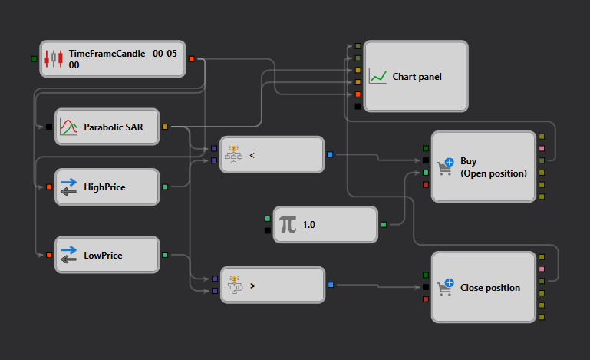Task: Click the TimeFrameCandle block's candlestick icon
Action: click(x=54, y=59)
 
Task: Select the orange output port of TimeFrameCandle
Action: click(x=192, y=59)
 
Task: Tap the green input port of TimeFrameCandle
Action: click(x=34, y=59)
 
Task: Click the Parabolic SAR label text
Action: click(x=114, y=127)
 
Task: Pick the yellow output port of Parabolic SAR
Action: click(x=165, y=127)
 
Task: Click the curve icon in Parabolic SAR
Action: click(x=68, y=127)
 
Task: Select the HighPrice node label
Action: click(x=104, y=187)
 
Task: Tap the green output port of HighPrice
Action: click(x=165, y=187)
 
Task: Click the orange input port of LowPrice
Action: click(x=49, y=255)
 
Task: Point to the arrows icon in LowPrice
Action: click(x=68, y=255)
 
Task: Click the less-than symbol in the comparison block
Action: click(x=252, y=155)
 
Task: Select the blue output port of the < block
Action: click(x=330, y=154)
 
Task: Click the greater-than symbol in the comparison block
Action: click(x=252, y=286)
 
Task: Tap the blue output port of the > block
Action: click(x=331, y=285)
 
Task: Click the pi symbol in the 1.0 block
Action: click(x=288, y=225)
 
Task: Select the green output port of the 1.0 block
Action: click(x=384, y=225)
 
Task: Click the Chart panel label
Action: click(x=417, y=77)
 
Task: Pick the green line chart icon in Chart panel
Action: click(x=377, y=76)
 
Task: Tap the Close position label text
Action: click(x=490, y=288)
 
